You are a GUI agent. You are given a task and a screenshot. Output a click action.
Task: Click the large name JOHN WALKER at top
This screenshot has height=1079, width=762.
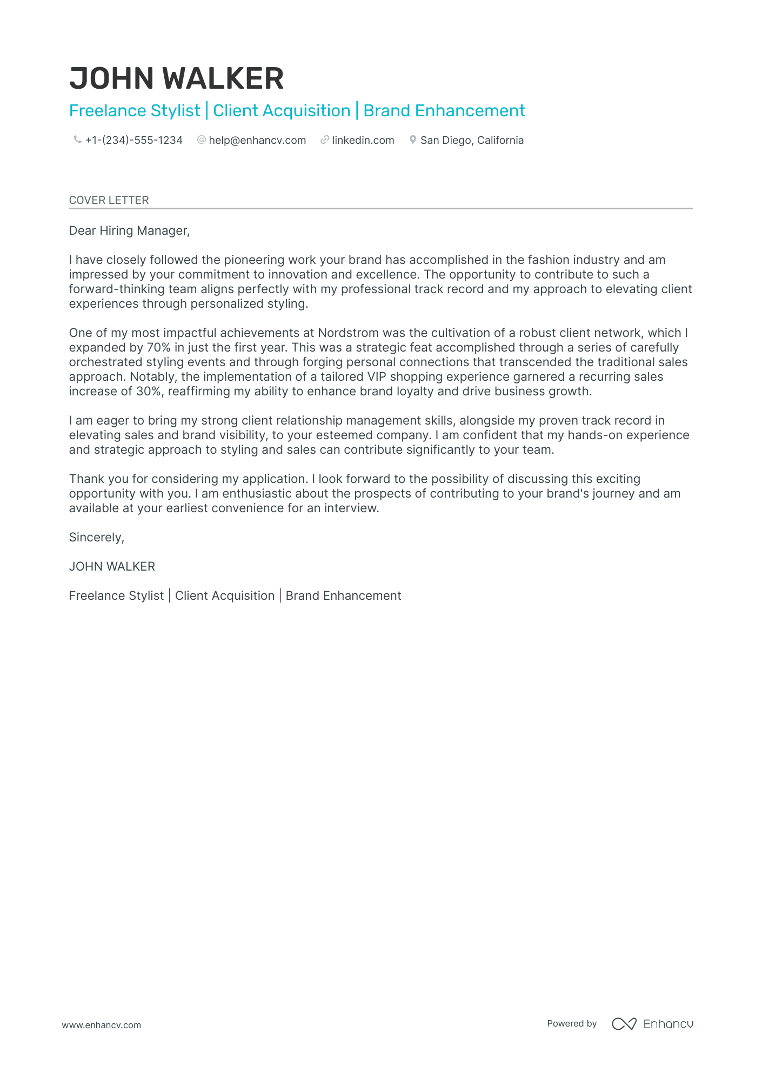pyautogui.click(x=176, y=79)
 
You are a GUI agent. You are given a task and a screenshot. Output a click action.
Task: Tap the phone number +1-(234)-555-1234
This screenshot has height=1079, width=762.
pyautogui.click(x=133, y=141)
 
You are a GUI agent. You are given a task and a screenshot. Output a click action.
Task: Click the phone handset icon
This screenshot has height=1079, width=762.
pyautogui.click(x=77, y=140)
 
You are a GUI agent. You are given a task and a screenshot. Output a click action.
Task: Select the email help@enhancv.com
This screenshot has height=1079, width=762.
pyautogui.click(x=257, y=141)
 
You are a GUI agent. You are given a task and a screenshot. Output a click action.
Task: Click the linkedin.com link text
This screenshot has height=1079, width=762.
pyautogui.click(x=363, y=141)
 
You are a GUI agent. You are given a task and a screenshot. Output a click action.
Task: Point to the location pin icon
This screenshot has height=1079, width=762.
pyautogui.click(x=413, y=140)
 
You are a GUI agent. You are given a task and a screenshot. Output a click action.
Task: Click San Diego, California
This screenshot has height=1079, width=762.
pyautogui.click(x=472, y=141)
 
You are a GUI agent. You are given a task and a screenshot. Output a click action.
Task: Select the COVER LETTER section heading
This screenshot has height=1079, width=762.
pyautogui.click(x=109, y=200)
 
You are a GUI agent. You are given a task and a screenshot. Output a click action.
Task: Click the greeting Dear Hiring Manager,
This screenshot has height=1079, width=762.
pyautogui.click(x=129, y=231)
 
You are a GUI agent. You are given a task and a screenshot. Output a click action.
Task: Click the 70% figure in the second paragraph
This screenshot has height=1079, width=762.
pyautogui.click(x=158, y=348)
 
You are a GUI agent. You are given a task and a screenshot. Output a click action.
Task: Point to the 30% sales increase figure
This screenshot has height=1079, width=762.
pyautogui.click(x=149, y=392)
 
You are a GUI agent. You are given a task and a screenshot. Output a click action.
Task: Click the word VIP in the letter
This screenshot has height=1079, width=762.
pyautogui.click(x=377, y=377)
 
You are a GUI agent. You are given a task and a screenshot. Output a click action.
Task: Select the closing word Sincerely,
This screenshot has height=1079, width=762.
pyautogui.click(x=97, y=538)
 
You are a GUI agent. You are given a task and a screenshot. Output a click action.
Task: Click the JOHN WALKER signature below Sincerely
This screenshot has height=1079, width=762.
pyautogui.click(x=112, y=567)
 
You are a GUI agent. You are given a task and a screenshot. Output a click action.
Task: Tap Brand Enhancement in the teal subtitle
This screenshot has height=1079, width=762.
pyautogui.click(x=444, y=111)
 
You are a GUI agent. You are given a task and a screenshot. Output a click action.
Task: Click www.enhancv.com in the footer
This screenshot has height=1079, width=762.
pyautogui.click(x=101, y=1025)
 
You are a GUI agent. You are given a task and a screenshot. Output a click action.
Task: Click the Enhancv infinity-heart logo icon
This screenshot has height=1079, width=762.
pyautogui.click(x=624, y=1024)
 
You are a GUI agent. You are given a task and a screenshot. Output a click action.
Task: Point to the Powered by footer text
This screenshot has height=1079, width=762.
pyautogui.click(x=572, y=1024)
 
